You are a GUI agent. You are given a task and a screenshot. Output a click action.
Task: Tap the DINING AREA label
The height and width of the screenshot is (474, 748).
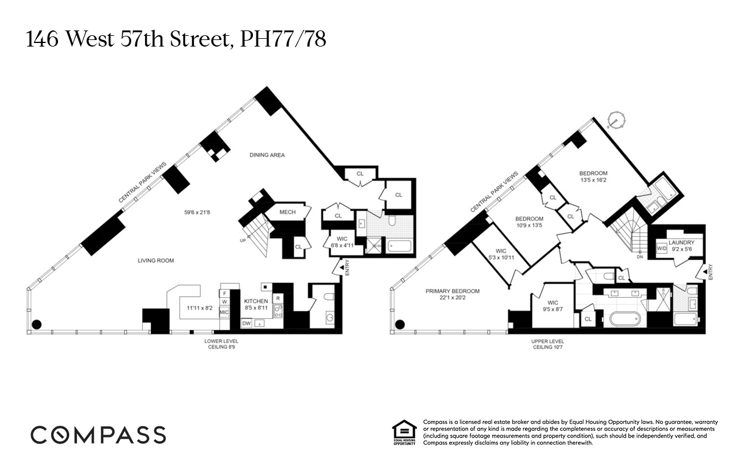[x=267, y=155]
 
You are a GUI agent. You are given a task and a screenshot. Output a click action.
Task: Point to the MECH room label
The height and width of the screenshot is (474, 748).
[x=288, y=211]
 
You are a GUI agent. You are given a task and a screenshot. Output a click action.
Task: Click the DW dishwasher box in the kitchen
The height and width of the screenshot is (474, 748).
[x=246, y=323]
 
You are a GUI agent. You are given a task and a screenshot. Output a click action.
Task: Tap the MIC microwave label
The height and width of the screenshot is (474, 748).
[x=224, y=312]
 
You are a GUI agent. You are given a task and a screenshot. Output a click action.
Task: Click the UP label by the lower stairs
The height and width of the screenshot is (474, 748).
[x=243, y=241]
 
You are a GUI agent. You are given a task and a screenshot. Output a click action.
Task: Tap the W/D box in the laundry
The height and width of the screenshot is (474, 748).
[x=662, y=248]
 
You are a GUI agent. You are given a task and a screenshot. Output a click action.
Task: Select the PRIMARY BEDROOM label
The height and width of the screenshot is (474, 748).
[x=452, y=295]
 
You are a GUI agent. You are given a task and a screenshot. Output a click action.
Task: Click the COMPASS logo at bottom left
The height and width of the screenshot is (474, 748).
[x=98, y=435]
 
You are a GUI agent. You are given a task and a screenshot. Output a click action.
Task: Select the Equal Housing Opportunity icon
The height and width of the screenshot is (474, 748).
[x=404, y=433]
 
